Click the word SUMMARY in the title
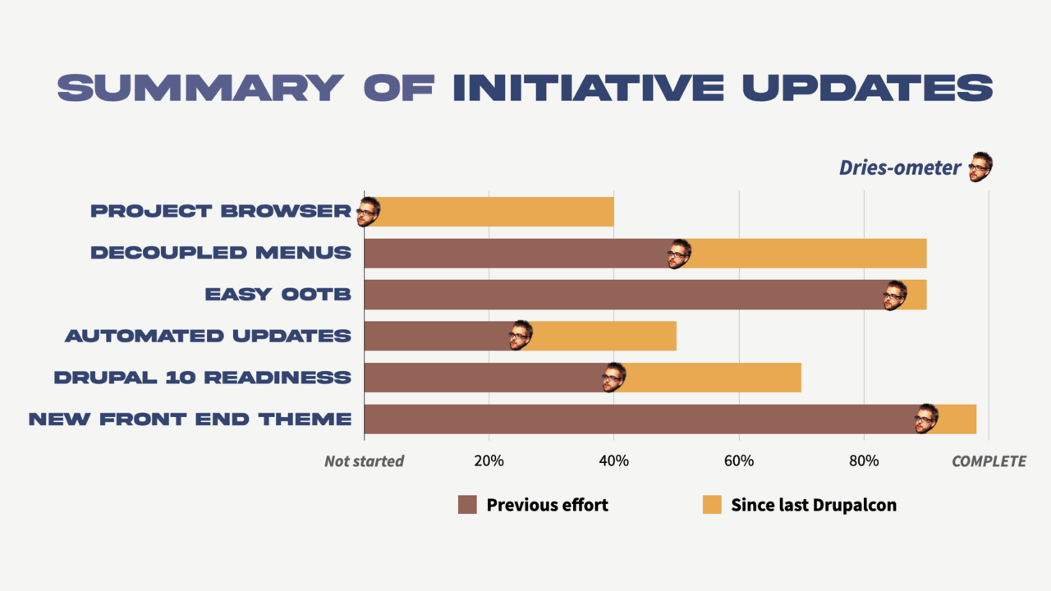point(200,88)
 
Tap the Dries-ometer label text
point(899,168)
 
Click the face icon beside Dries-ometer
point(980,167)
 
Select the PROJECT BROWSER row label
point(220,211)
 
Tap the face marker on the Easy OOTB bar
point(894,295)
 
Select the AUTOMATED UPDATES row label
point(208,336)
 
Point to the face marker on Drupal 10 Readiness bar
point(613,378)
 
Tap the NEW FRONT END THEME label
point(190,419)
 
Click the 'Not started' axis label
point(364,461)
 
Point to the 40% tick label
point(613,461)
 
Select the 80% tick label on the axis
point(864,461)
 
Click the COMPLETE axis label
point(989,461)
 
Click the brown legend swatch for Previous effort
point(467,505)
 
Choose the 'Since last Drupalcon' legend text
point(814,505)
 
